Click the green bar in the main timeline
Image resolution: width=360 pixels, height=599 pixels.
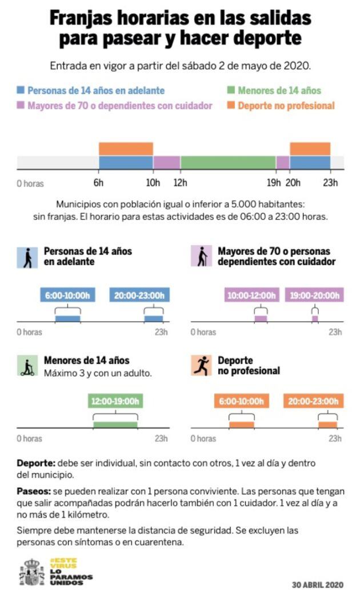(228, 162)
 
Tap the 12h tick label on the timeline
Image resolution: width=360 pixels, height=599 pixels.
(181, 183)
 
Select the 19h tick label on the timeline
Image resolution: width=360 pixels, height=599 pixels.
(274, 183)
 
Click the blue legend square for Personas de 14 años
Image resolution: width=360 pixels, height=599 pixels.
(21, 90)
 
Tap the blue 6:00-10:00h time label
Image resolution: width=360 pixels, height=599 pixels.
(68, 295)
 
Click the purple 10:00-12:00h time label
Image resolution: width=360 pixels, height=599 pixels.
(252, 295)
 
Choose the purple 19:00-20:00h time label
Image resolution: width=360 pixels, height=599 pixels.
(314, 295)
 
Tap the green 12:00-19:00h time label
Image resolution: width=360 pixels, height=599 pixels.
(115, 401)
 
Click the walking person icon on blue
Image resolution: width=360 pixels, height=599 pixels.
(27, 257)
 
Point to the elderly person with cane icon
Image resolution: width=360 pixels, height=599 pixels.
(201, 257)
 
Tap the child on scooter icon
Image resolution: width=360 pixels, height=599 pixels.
(27, 366)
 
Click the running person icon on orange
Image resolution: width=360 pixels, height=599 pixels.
(201, 366)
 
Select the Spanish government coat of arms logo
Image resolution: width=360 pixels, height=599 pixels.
(32, 572)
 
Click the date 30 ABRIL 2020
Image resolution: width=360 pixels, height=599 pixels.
(318, 585)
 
